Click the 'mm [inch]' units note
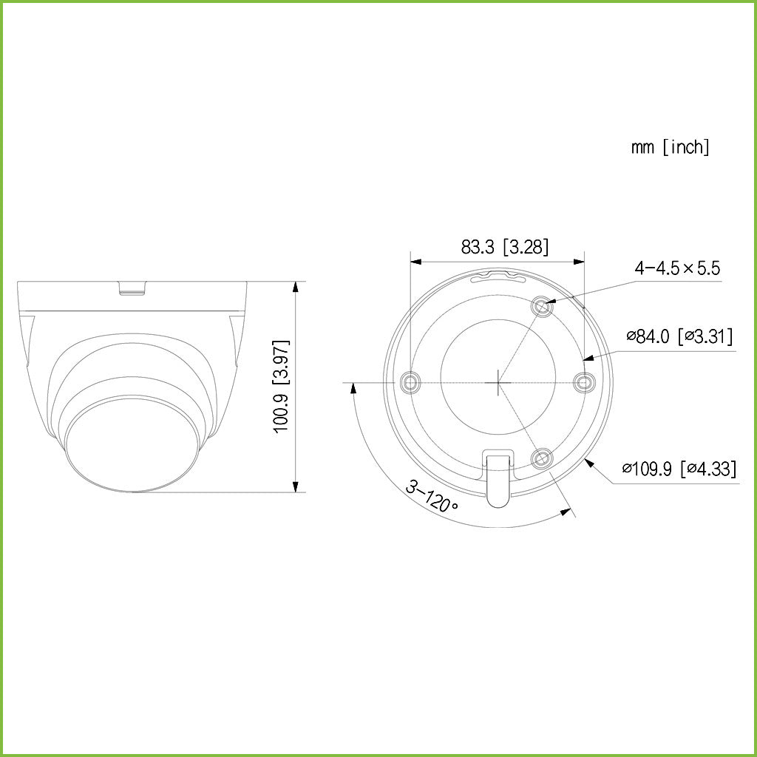click(670, 147)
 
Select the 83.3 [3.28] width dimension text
click(505, 248)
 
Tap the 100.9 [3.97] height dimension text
click(282, 387)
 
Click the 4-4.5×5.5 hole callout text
click(676, 268)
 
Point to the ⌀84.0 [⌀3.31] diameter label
click(679, 337)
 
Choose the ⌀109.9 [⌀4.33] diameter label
click(679, 469)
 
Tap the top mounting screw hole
click(542, 305)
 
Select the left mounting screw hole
click(410, 382)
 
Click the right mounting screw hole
click(585, 382)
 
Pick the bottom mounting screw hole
click(542, 459)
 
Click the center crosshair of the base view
click(498, 382)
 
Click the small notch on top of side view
click(133, 287)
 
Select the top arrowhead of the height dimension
click(296, 285)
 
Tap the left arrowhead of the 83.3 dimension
click(415, 261)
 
